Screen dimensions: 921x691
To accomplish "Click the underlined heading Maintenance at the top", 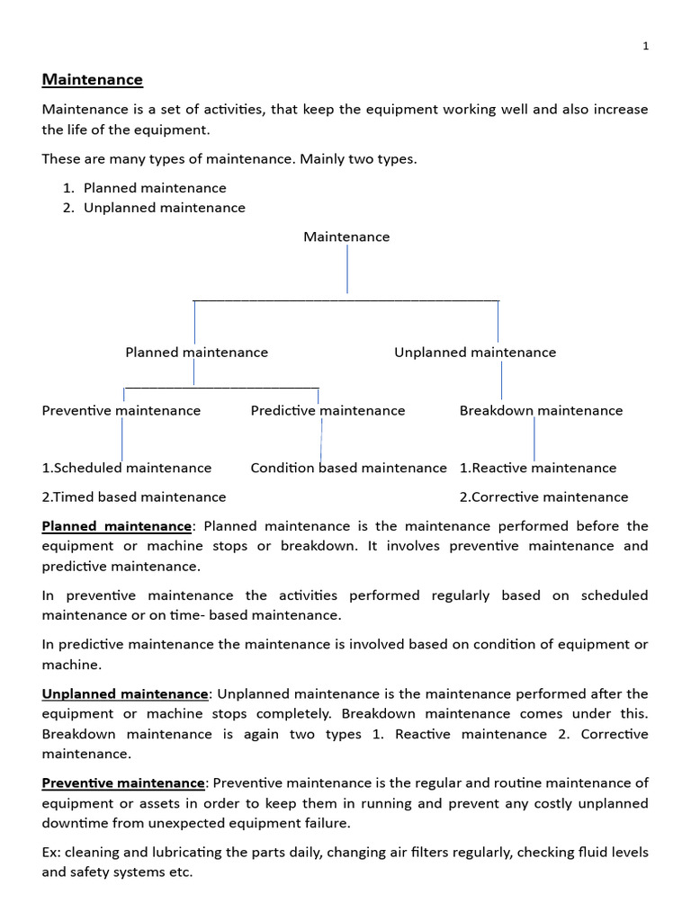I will click(92, 80).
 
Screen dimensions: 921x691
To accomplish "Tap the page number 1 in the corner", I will click(645, 47).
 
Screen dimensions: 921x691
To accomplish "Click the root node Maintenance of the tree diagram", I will click(346, 237).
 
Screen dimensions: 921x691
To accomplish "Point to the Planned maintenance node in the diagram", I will click(196, 353).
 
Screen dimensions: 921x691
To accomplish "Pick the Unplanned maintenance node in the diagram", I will click(475, 353).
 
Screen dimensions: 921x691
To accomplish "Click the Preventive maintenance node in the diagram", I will click(121, 411).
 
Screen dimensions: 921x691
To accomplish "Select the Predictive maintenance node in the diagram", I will click(328, 411).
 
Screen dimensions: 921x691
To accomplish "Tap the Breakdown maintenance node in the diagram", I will click(541, 411).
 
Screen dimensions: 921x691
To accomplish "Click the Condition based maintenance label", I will click(348, 468).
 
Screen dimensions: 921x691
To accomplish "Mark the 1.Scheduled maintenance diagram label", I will click(127, 468).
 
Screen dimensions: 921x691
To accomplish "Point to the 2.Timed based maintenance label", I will click(134, 497).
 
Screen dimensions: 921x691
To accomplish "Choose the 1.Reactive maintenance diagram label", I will click(538, 468).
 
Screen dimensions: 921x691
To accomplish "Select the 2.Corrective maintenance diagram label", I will click(543, 497).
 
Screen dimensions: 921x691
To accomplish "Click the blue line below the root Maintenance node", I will click(347, 269).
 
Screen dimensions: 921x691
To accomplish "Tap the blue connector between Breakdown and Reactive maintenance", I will click(534, 439).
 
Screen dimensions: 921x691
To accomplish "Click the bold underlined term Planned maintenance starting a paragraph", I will click(117, 526).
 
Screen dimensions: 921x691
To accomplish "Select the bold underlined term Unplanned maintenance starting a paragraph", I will click(125, 694).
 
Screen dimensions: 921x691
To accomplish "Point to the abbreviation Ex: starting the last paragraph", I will click(51, 852).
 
